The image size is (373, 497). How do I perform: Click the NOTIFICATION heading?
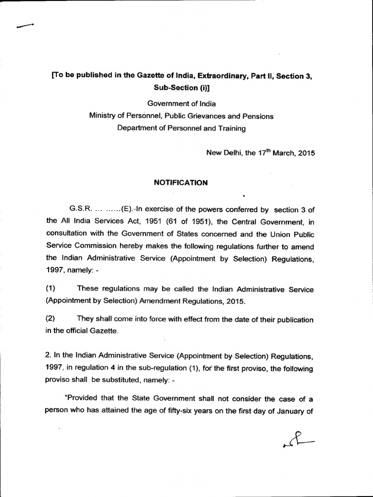pos(181,183)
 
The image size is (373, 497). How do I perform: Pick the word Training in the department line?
pos(232,128)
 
